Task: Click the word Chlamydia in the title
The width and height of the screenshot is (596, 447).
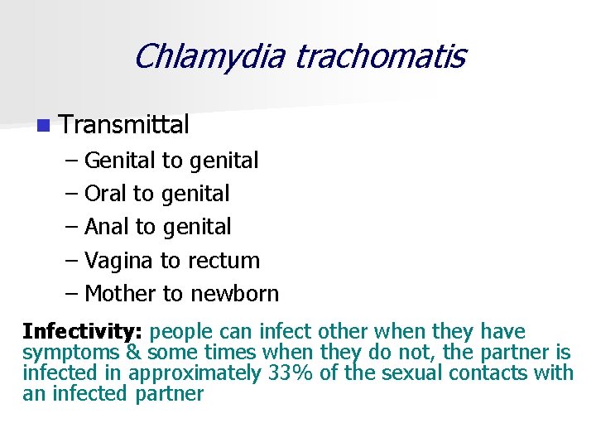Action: pyautogui.click(x=209, y=57)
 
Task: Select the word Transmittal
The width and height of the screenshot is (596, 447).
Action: pyautogui.click(x=125, y=125)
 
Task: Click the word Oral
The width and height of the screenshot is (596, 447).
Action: pyautogui.click(x=106, y=194)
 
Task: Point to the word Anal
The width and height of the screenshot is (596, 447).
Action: pyautogui.click(x=107, y=227)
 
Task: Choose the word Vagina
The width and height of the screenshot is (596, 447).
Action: pyautogui.click(x=118, y=261)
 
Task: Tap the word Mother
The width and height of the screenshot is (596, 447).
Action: pyautogui.click(x=121, y=294)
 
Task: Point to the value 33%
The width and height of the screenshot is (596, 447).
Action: pyautogui.click(x=291, y=373)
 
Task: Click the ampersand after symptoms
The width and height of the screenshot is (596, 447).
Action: pyautogui.click(x=133, y=353)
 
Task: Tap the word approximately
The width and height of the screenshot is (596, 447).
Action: pyautogui.click(x=195, y=373)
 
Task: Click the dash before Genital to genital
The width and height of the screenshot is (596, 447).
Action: pyautogui.click(x=71, y=161)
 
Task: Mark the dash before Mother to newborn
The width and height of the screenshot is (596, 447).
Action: pyautogui.click(x=71, y=294)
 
